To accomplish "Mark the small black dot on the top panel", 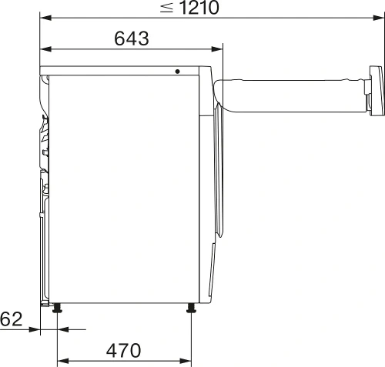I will tap(178, 72).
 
